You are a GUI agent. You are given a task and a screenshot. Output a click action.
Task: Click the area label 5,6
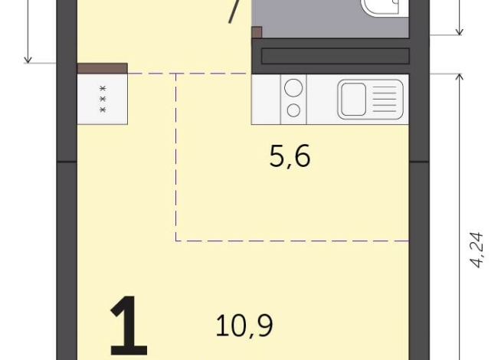coord(290,158)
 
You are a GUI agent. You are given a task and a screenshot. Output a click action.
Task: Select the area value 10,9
coord(244,326)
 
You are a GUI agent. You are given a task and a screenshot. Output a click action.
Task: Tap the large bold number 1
coord(128,328)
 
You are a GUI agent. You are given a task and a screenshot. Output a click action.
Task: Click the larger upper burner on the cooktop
coord(293,88)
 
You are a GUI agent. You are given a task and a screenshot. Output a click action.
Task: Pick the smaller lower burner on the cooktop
coord(293,110)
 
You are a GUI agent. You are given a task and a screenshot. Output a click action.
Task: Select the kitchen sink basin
coord(354,100)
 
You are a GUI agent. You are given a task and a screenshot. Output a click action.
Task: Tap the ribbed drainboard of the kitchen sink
coord(386,100)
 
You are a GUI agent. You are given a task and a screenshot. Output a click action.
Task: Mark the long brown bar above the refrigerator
coord(102,68)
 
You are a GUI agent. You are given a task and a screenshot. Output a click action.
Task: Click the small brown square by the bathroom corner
coord(257,32)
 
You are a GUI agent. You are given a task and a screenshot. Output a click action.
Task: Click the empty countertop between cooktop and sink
coord(321,100)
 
